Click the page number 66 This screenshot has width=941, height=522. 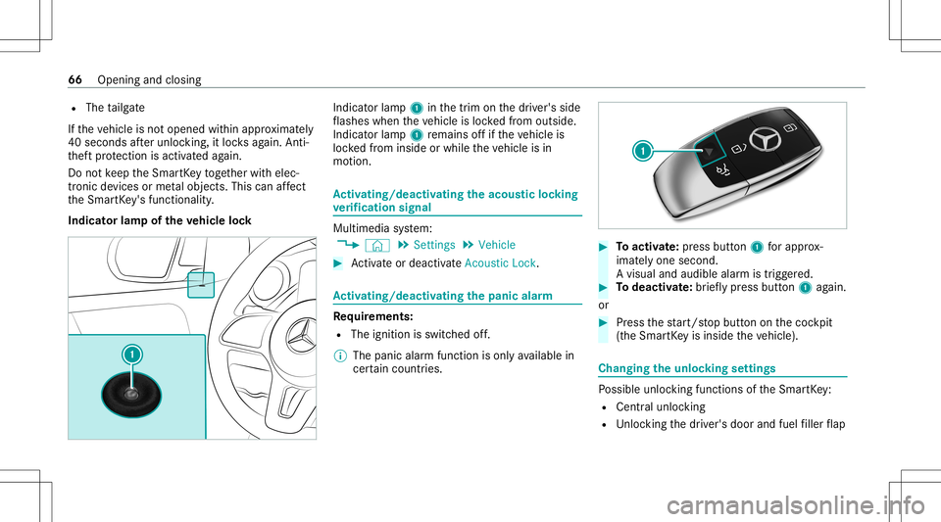click(75, 79)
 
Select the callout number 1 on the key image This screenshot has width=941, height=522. click(643, 151)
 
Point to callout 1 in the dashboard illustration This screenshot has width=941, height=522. click(132, 355)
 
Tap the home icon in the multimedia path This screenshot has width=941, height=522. click(376, 245)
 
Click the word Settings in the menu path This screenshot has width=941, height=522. click(434, 245)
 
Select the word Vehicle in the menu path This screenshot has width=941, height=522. click(497, 245)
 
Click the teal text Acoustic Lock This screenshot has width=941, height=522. click(501, 263)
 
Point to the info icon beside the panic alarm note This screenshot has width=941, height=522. click(339, 356)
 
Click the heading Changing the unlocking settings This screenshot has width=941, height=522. click(687, 368)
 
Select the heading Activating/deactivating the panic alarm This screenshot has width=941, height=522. click(442, 296)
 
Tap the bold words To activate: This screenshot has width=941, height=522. click(648, 247)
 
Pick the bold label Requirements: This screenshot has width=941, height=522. click(372, 315)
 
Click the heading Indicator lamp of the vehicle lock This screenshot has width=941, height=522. click(160, 220)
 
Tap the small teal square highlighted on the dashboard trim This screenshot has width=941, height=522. click(201, 285)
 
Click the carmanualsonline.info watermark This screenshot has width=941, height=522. click(795, 505)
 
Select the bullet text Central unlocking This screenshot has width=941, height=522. click(661, 407)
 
